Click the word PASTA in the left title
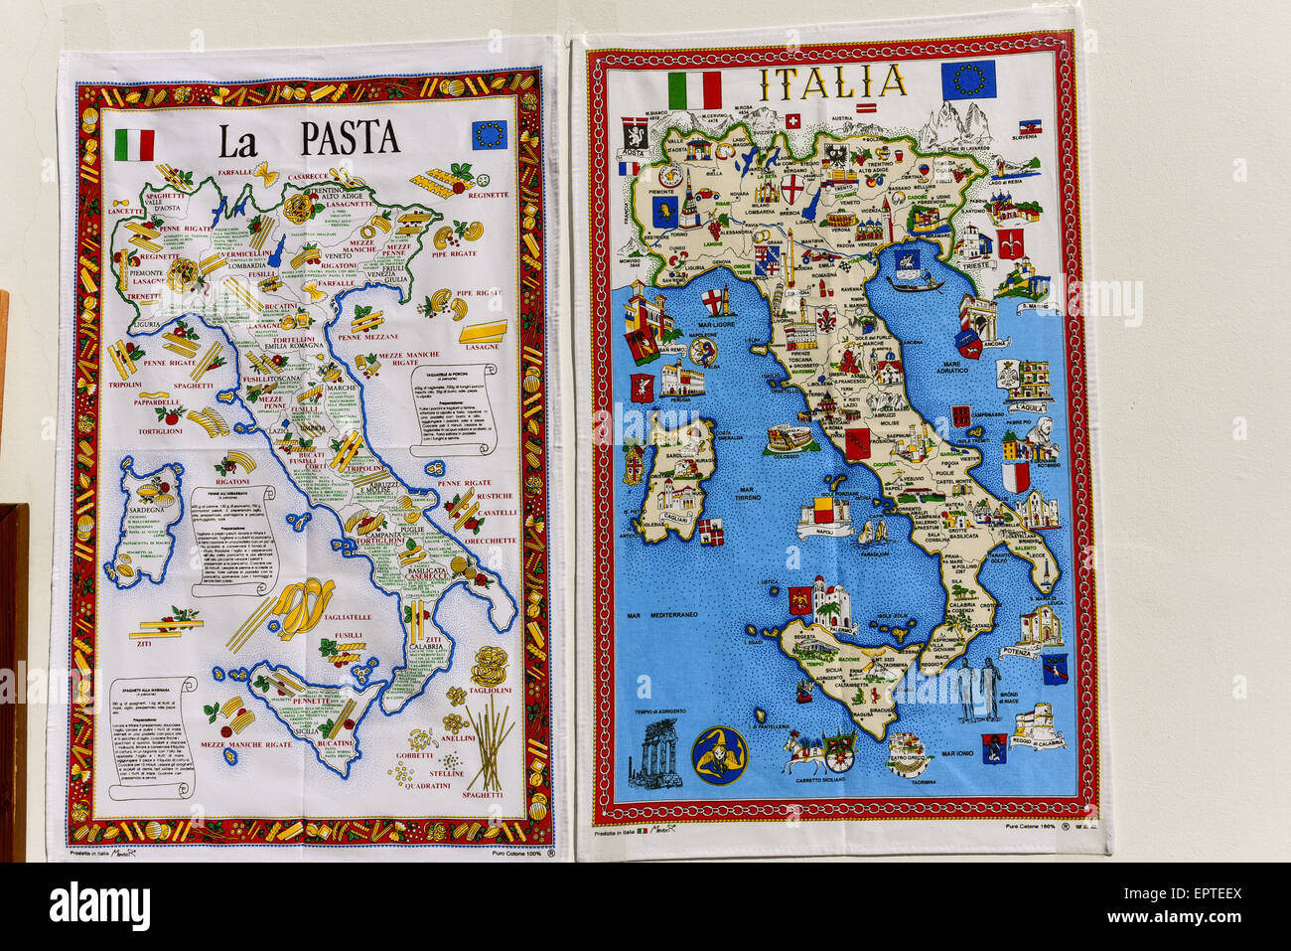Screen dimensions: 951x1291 click(x=350, y=138)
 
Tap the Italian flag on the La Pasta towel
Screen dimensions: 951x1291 click(x=134, y=145)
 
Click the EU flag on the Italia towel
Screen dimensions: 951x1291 click(x=967, y=79)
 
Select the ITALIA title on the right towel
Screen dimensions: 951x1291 click(x=831, y=82)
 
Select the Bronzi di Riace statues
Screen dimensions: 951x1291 click(x=978, y=690)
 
